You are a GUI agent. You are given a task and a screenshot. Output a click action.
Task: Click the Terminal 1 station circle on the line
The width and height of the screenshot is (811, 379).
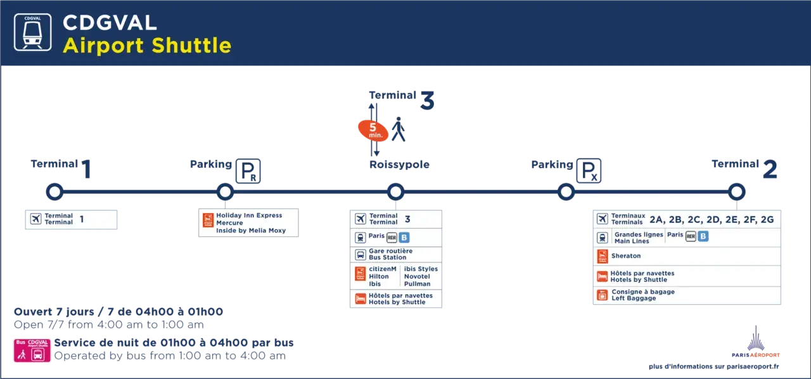[54, 184]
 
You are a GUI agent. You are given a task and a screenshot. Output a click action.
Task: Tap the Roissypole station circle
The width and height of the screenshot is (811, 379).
[396, 184]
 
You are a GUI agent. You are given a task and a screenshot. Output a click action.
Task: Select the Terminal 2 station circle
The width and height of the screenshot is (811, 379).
[737, 184]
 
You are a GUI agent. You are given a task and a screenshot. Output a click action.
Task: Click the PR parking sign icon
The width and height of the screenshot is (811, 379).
[248, 171]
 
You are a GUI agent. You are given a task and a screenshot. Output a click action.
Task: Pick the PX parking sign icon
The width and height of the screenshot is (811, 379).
[589, 170]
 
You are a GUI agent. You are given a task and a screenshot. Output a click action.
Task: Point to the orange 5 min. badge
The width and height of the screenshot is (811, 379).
[373, 131]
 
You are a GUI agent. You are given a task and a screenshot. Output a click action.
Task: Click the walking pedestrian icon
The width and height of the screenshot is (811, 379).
[399, 129]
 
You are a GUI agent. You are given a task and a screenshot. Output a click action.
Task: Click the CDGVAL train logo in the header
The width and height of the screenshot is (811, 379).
[32, 32]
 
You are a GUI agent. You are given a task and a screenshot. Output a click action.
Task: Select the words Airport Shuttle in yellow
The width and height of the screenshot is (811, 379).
[147, 45]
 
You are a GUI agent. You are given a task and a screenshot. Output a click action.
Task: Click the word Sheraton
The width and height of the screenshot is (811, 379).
[626, 256]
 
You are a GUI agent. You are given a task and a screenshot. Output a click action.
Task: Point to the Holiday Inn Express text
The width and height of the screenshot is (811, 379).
[249, 215]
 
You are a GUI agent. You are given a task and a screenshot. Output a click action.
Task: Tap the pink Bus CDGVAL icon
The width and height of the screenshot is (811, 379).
[32, 350]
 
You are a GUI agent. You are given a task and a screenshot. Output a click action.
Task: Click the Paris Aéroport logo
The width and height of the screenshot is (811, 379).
[756, 342]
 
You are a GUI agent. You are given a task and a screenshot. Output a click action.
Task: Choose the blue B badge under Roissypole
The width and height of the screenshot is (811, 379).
[404, 238]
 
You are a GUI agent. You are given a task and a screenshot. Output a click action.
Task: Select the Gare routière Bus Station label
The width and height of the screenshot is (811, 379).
[391, 254]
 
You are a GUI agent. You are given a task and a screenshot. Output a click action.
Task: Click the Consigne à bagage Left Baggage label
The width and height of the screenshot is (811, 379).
[643, 295]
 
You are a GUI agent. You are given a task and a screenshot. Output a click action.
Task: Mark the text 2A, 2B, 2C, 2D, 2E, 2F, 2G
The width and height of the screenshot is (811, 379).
[712, 219]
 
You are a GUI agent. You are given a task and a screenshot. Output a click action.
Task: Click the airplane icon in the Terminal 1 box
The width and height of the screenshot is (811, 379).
[35, 219]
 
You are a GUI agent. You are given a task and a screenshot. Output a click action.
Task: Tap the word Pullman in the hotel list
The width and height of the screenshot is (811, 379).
[417, 284]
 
